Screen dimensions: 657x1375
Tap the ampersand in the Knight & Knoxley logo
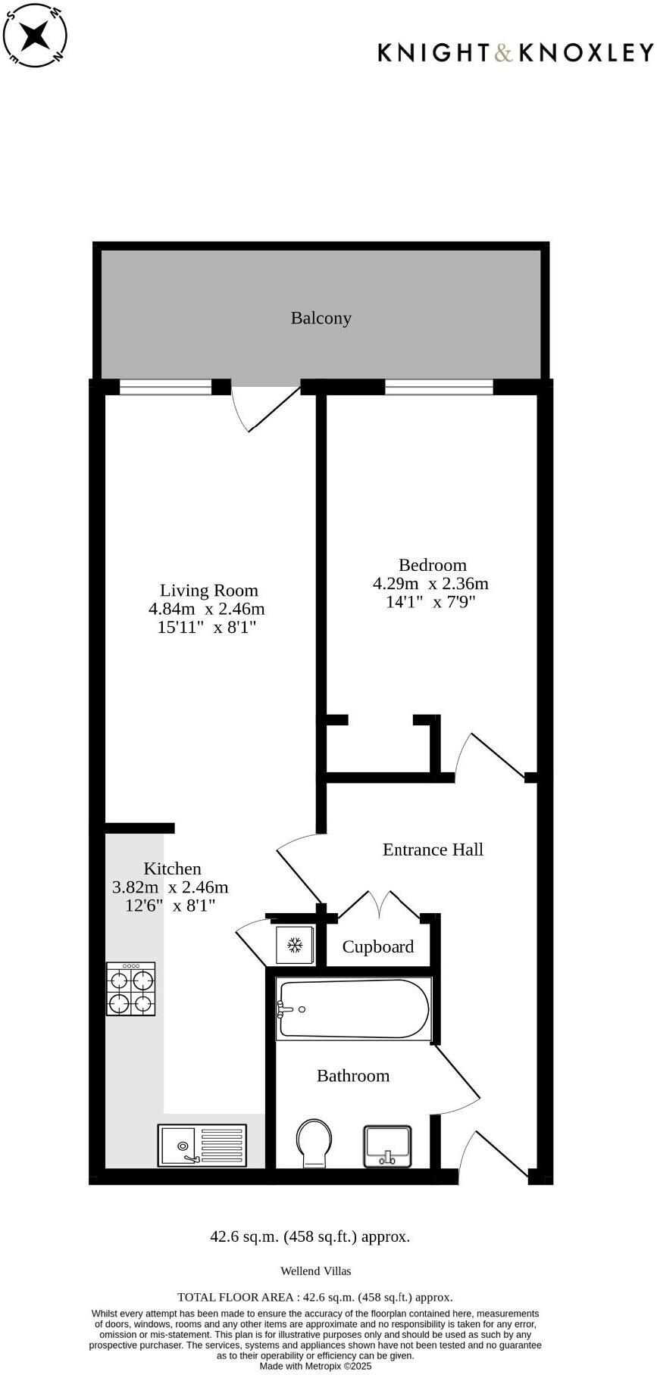[503, 52]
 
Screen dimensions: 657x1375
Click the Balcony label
[321, 318]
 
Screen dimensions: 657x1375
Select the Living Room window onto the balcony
[165, 387]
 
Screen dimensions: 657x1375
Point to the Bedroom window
[439, 387]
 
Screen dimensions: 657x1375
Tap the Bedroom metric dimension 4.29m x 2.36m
[430, 584]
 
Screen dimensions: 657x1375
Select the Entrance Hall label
[433, 850]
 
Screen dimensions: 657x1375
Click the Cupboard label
[377, 946]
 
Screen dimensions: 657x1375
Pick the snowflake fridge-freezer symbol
[294, 945]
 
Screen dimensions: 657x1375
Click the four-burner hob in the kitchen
[131, 990]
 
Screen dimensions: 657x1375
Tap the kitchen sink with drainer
[202, 1145]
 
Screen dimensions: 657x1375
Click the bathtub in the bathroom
[353, 1009]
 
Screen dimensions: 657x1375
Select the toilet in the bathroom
[314, 1143]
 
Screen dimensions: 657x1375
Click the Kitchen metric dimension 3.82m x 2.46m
[171, 887]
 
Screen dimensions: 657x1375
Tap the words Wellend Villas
[316, 1271]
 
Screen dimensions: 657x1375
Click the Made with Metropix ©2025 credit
[316, 1367]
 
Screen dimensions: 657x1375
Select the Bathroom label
[353, 1076]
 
